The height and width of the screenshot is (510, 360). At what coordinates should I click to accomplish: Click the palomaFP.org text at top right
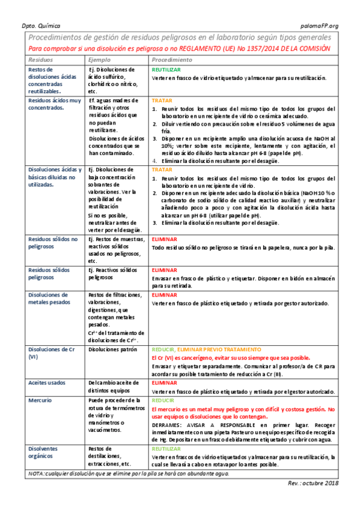coord(319,25)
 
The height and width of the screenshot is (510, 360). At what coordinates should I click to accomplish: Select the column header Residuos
coord(41,60)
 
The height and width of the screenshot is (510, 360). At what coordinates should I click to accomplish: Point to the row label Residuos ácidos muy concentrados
coord(55,104)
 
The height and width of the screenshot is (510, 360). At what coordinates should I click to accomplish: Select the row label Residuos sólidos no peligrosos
coord(53,243)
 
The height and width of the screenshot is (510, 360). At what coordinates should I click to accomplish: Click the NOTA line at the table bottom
coord(129,474)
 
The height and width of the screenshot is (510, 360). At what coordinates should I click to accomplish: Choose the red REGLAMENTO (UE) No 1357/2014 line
coord(180,48)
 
